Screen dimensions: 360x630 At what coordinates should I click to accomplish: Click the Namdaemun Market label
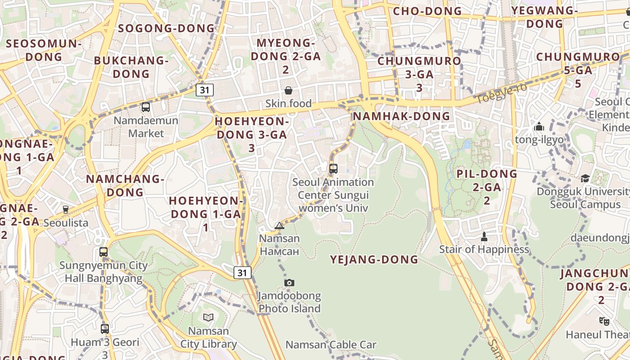[146, 127]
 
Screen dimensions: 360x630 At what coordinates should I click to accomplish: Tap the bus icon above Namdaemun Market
[146, 107]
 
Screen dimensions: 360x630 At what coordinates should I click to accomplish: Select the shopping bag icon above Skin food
[288, 90]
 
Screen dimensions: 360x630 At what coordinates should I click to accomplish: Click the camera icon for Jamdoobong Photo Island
[289, 283]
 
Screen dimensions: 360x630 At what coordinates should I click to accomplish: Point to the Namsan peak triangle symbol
[279, 225]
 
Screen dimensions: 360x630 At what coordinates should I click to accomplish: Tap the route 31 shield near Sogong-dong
[205, 90]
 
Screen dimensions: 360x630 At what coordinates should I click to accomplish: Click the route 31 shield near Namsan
[242, 272]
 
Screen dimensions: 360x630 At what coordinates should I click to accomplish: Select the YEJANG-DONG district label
[374, 260]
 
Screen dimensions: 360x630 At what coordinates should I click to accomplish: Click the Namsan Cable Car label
[331, 345]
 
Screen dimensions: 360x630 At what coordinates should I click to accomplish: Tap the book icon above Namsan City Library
[208, 318]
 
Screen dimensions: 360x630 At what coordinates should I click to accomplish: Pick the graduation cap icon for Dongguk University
[585, 179]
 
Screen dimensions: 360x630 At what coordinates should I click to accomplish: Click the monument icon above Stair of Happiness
[484, 236]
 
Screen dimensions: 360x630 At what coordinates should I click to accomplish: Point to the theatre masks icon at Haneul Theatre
[604, 321]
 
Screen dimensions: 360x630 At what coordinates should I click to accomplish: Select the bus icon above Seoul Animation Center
[333, 169]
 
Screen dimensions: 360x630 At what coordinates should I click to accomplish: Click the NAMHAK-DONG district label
[401, 116]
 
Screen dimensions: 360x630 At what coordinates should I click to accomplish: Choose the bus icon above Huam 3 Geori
[105, 329]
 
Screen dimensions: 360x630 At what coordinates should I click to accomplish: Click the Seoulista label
[66, 223]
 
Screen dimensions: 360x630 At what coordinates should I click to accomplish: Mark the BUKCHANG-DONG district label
[131, 67]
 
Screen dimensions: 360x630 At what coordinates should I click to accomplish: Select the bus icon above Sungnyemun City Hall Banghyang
[103, 252]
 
